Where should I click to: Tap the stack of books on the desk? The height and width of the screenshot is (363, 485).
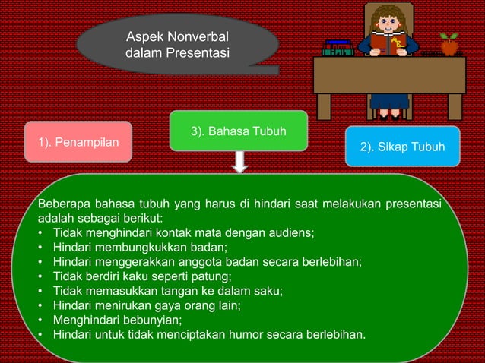(338, 47)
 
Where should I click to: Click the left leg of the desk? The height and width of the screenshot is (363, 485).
(324, 106)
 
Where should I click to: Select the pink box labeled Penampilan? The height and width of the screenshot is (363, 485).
(78, 141)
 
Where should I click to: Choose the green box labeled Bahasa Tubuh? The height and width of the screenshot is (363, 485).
(238, 131)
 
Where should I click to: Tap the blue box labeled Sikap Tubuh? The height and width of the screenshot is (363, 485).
(402, 146)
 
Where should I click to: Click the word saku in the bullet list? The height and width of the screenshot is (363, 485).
(266, 291)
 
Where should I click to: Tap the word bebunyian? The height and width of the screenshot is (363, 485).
(150, 320)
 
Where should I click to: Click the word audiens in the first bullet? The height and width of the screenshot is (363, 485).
(288, 233)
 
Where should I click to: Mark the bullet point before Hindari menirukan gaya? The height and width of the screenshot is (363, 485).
(40, 305)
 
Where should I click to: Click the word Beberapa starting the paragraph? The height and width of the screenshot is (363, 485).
(66, 204)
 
